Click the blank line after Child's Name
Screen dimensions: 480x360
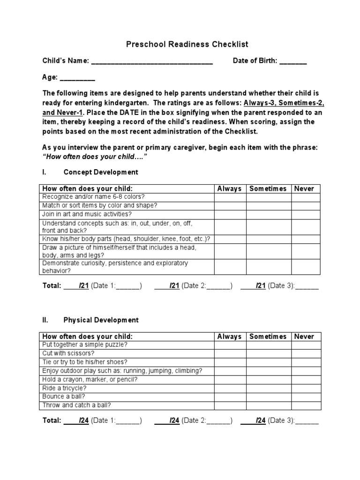coord(152,62)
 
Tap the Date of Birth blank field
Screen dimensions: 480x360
coord(293,62)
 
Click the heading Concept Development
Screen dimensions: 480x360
coord(101,172)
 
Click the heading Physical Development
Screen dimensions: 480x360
coord(101,320)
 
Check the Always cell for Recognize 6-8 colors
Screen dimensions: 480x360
coord(230,197)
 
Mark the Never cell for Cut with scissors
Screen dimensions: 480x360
coord(306,353)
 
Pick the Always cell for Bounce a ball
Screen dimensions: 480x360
coord(230,397)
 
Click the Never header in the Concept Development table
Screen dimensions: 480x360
coord(304,188)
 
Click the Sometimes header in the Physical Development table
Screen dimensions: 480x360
coord(268,337)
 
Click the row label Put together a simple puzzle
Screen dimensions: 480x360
coord(85,345)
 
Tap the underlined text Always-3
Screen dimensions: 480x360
coord(261,103)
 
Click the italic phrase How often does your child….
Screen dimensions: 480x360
coord(91,156)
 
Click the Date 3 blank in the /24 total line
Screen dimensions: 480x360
coord(307,421)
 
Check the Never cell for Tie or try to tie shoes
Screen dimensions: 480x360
coord(306,362)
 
